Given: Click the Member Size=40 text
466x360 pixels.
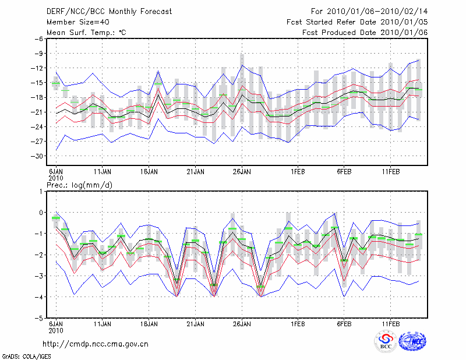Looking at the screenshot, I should click(x=76, y=22).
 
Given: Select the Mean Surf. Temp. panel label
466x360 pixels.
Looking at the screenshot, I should click(x=87, y=32).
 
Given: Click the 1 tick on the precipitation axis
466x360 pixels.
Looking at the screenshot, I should click(x=41, y=191).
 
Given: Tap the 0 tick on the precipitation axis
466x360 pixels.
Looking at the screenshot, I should click(x=41, y=213).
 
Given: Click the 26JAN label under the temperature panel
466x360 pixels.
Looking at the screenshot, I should click(x=242, y=172).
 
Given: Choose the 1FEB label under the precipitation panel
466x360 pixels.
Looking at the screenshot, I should click(x=298, y=324).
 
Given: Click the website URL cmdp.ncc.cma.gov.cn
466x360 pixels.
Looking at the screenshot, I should click(x=96, y=344).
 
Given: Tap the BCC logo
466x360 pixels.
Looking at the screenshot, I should click(x=386, y=341).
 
